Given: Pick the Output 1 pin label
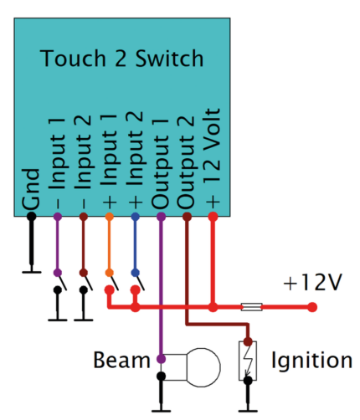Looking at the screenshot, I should [162, 161].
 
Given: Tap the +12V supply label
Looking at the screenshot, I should [312, 283].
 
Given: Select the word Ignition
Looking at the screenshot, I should [311, 361].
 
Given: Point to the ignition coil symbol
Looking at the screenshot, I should [248, 361].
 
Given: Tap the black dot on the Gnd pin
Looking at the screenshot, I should [32, 217].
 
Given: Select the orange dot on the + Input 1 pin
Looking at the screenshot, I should [110, 217].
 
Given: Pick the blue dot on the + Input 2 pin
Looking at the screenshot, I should [136, 217].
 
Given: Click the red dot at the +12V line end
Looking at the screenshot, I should [313, 308].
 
